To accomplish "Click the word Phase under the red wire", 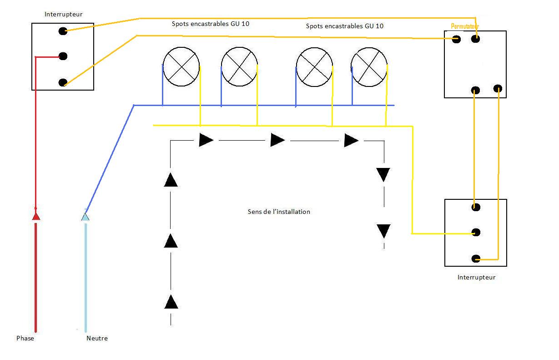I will pyautogui.click(x=25, y=338).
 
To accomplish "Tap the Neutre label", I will pyautogui.click(x=97, y=338).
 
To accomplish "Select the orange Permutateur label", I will pyautogui.click(x=465, y=26).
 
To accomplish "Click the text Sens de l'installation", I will pyautogui.click(x=279, y=212).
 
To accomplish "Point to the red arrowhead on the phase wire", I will pyautogui.click(x=36, y=216).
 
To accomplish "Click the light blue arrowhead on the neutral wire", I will pyautogui.click(x=85, y=216).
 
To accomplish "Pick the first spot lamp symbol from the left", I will pyautogui.click(x=181, y=66).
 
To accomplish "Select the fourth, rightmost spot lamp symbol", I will pyautogui.click(x=369, y=66).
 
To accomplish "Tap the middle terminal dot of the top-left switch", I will pyautogui.click(x=63, y=56).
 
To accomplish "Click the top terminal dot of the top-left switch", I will pyautogui.click(x=63, y=31).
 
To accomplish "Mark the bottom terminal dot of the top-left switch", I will pyautogui.click(x=63, y=82).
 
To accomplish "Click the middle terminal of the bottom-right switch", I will pyautogui.click(x=476, y=233).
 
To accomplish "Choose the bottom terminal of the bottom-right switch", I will pyautogui.click(x=476, y=259).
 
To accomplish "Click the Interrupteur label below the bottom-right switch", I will pyautogui.click(x=476, y=277).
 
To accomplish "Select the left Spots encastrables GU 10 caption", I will pyautogui.click(x=211, y=23).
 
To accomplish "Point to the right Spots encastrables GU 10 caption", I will pyautogui.click(x=344, y=26).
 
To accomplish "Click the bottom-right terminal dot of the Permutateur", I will pyautogui.click(x=498, y=88).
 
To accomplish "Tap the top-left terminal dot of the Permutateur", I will pyautogui.click(x=456, y=39).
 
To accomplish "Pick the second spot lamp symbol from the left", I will pyautogui.click(x=239, y=66).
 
